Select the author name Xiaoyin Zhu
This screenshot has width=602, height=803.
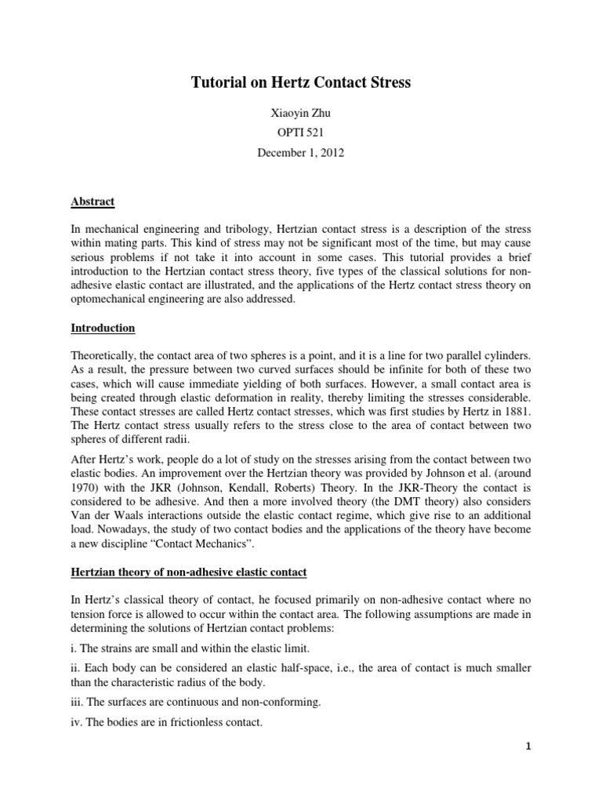click(301, 114)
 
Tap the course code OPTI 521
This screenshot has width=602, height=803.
click(301, 133)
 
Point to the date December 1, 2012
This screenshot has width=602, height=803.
click(301, 153)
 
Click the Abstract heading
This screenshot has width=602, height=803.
click(92, 202)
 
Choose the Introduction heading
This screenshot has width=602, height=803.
click(102, 328)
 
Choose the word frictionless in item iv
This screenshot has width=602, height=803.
click(198, 722)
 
